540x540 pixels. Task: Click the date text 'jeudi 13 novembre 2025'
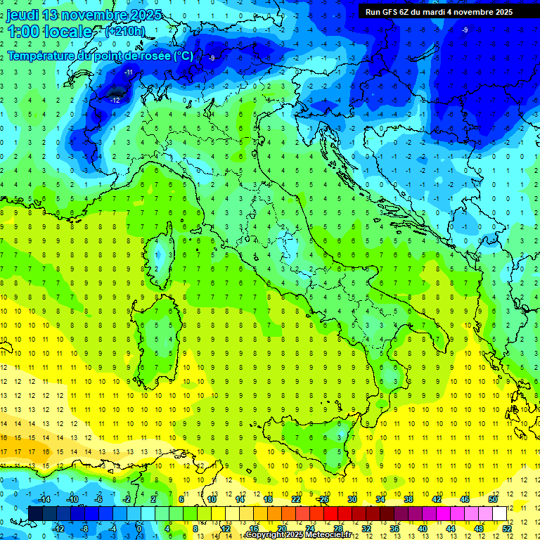pyautogui.click(x=84, y=15)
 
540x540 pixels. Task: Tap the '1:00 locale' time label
pyautogui.click(x=49, y=32)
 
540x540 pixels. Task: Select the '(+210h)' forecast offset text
pyautogui.click(x=125, y=32)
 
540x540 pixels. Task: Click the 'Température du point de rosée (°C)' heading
pyautogui.click(x=100, y=56)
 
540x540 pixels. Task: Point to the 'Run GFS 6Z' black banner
pyautogui.click(x=439, y=12)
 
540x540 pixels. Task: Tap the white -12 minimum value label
pyautogui.click(x=115, y=101)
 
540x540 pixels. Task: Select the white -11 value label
pyautogui.click(x=129, y=72)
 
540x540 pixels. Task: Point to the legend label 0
pyautogui.click(x=139, y=529)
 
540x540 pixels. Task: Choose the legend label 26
pyautogui.click(x=324, y=499)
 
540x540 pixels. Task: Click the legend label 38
pyautogui.click(x=409, y=499)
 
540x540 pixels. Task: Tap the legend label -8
pyautogui.click(x=84, y=529)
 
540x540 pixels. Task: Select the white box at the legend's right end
pyautogui.click(x=499, y=513)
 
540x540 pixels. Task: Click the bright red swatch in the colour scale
pyautogui.click(x=331, y=513)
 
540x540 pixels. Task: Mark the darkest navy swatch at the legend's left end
pyautogui.click(x=35, y=513)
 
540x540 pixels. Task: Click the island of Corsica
pyautogui.click(x=163, y=253)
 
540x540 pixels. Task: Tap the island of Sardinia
pyautogui.click(x=160, y=337)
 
